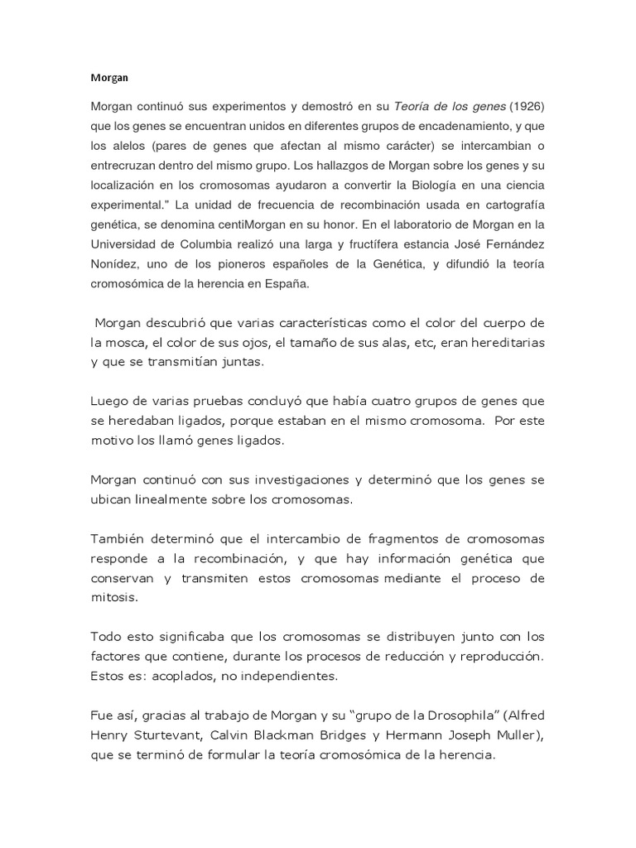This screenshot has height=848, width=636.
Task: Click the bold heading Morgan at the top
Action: pyautogui.click(x=105, y=79)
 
